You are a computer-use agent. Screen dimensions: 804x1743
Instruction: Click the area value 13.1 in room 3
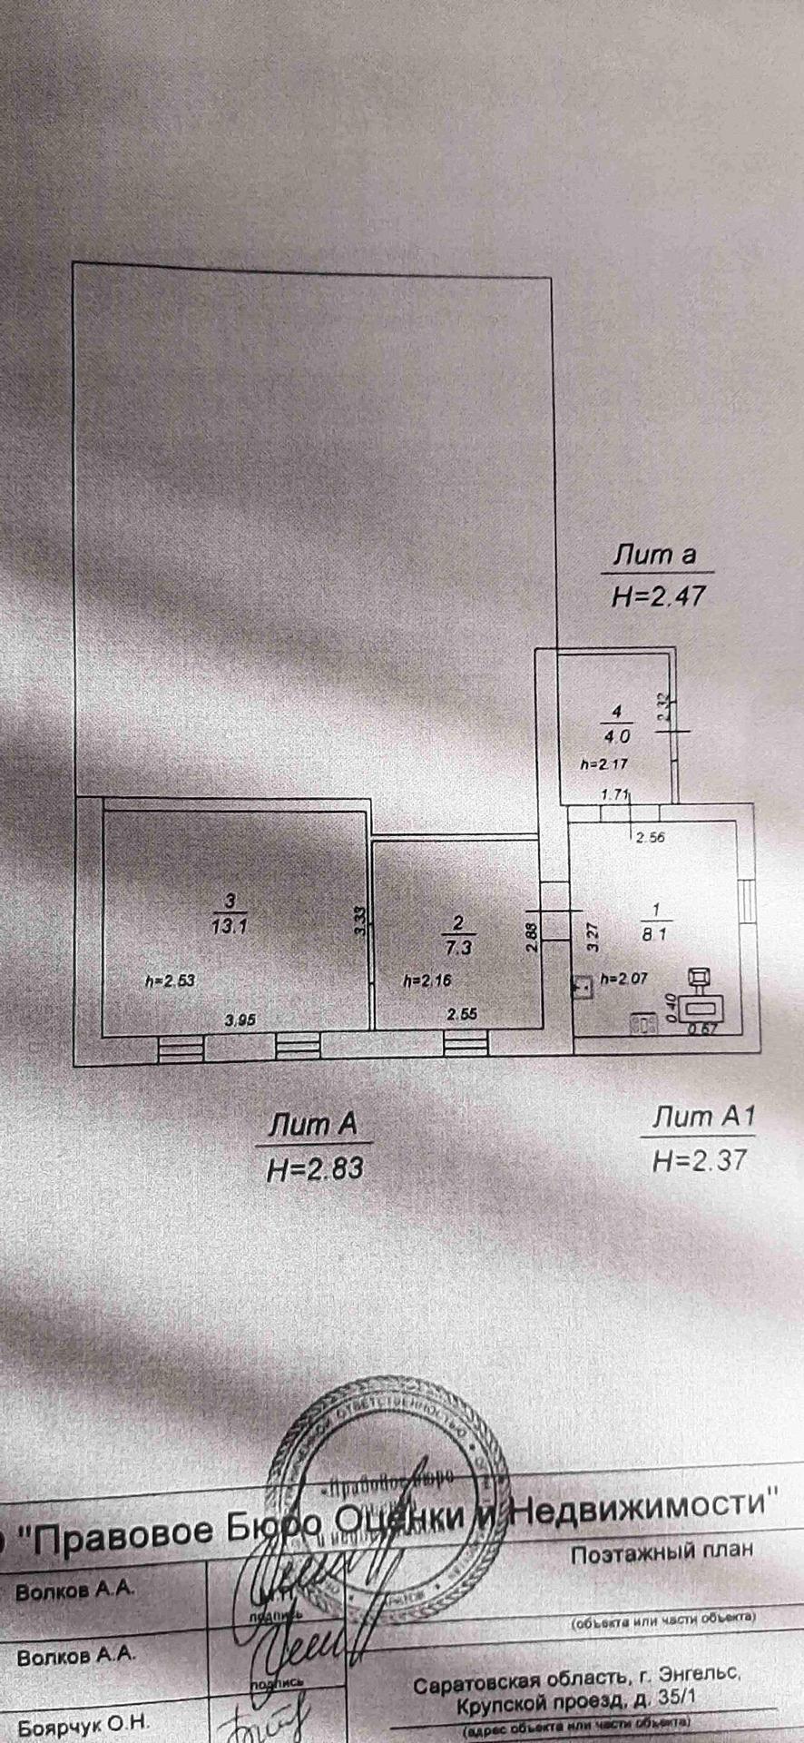click(x=230, y=927)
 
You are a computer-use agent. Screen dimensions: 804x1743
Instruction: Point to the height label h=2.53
click(x=171, y=980)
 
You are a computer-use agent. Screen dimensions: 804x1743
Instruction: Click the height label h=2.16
click(x=427, y=980)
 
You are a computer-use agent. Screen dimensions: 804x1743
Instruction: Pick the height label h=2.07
click(x=627, y=979)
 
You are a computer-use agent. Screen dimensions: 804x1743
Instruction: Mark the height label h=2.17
click(x=603, y=764)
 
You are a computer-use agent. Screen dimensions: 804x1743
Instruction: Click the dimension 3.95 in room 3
click(x=240, y=1019)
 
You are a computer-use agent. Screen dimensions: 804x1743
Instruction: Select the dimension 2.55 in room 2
click(x=462, y=1015)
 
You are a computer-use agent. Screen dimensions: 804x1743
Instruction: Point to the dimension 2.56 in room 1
click(x=650, y=837)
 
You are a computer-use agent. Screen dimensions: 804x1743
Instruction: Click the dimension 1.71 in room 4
click(x=615, y=795)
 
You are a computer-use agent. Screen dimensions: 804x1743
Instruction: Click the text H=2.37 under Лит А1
click(x=699, y=1159)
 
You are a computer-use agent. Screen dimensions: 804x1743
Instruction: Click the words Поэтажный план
click(x=662, y=1551)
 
